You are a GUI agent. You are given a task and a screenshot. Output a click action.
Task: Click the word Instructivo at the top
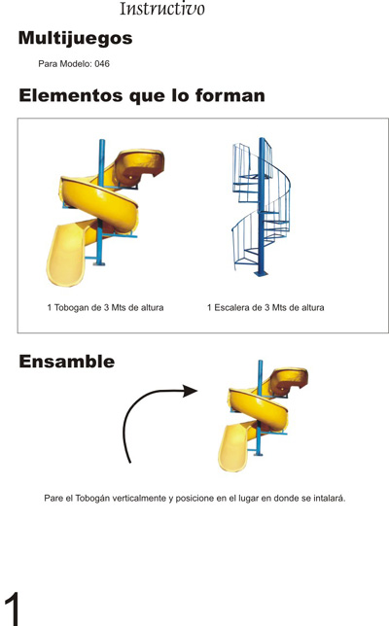click(162, 9)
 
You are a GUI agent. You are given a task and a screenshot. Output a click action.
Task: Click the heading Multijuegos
click(76, 39)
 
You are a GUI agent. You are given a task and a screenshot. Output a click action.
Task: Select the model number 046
click(102, 64)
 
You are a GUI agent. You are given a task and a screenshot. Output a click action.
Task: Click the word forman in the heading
click(230, 96)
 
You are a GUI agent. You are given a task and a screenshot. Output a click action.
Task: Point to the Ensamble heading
click(67, 362)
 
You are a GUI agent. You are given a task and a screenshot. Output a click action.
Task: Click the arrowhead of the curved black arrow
click(190, 391)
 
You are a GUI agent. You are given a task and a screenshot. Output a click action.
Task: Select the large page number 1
click(13, 609)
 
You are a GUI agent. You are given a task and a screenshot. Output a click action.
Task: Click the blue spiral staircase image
click(262, 207)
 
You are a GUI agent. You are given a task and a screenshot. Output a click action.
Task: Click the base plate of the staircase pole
click(261, 273)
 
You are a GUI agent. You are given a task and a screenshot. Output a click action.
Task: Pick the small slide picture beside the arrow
click(263, 416)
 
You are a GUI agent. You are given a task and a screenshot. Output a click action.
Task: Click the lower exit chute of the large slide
click(67, 256)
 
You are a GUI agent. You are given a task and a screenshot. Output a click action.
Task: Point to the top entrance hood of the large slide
click(139, 166)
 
